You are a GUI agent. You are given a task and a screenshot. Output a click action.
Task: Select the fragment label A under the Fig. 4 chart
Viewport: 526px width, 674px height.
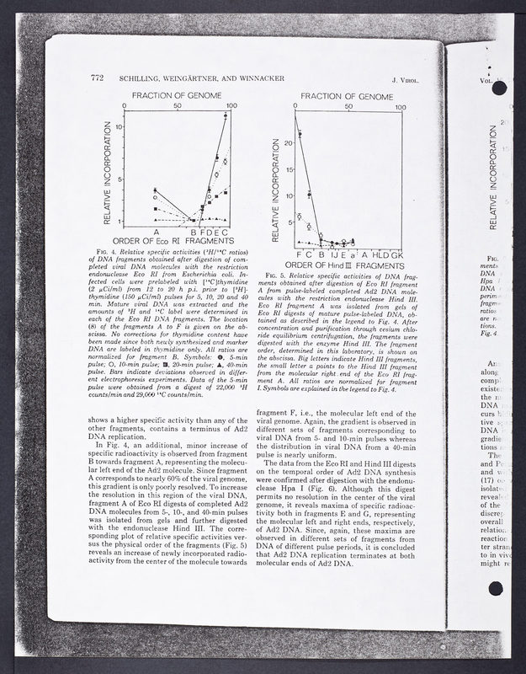157,232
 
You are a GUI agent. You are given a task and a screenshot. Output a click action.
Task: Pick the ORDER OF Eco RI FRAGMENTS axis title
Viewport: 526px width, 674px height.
178,242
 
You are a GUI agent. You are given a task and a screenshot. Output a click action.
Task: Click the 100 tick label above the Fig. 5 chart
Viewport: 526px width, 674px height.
401,108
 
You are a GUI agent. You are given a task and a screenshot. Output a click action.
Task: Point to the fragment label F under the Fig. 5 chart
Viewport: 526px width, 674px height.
300,254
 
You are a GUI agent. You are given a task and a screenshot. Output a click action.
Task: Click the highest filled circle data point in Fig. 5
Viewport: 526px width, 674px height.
300,134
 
